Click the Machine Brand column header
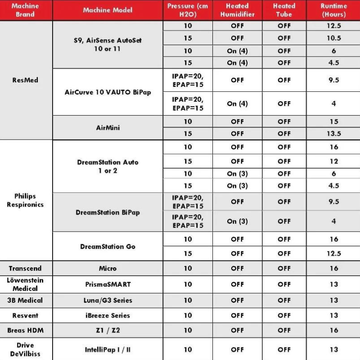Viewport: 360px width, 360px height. coord(26,10)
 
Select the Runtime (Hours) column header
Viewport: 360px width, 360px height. coord(333,10)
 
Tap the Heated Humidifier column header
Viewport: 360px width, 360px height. coord(237,10)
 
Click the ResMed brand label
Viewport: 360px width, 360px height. coord(26,80)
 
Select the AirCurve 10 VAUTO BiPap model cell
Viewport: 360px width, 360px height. coord(108,92)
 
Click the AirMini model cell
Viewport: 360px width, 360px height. coord(108,128)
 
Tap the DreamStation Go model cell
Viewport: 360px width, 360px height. coord(108,247)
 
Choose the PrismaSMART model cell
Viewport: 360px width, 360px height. coord(108,284)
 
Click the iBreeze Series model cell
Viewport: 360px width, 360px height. coord(108,315)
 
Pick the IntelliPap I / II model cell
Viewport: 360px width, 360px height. coord(108,350)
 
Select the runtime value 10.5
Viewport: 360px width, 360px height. coord(333,38)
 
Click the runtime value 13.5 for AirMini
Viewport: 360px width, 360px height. coord(333,134)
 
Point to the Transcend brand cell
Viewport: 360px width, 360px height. coord(25,269)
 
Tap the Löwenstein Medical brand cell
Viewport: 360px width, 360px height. coord(25,284)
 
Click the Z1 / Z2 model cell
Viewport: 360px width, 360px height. coord(108,330)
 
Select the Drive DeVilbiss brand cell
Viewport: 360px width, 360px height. coord(25,350)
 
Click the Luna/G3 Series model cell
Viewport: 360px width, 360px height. coord(108,300)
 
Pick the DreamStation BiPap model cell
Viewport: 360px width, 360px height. coord(108,212)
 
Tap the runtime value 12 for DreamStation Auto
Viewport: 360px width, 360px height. coord(333,161)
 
